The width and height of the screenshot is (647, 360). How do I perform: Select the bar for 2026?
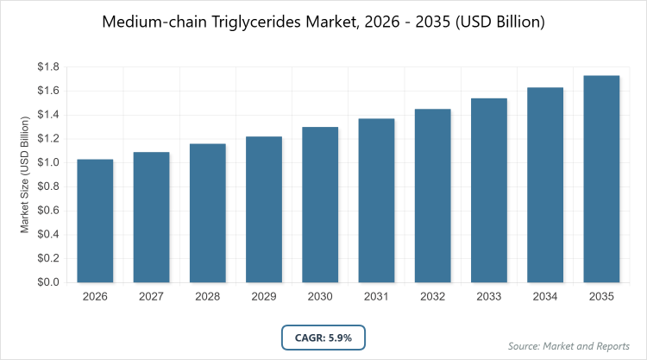tap(95, 221)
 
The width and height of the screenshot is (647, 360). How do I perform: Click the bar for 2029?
tap(264, 210)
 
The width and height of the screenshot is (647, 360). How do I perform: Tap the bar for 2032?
tap(433, 196)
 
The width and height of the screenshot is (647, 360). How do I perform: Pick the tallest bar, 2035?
tap(602, 180)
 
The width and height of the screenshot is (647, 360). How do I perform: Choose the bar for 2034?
tap(545, 185)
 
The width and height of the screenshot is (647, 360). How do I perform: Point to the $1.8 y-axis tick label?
tap(47, 67)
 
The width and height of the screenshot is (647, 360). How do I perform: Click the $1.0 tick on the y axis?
tap(47, 162)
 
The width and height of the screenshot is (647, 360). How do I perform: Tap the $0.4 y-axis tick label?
tap(47, 234)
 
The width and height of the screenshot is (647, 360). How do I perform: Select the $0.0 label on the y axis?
tap(47, 282)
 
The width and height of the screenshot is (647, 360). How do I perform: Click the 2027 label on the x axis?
tap(151, 298)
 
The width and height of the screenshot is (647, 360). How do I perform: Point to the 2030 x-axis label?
tap(320, 298)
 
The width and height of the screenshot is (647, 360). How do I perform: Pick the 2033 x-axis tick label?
tap(489, 298)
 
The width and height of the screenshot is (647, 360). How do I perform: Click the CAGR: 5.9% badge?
tap(323, 338)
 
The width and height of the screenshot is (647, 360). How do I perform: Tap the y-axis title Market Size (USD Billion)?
tap(25, 175)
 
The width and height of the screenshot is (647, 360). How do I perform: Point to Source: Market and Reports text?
tap(569, 346)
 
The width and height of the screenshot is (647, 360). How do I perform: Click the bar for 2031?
tap(376, 200)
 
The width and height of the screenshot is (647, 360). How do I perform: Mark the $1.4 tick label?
tap(47, 115)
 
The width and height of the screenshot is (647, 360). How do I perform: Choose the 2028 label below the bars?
tap(207, 298)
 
